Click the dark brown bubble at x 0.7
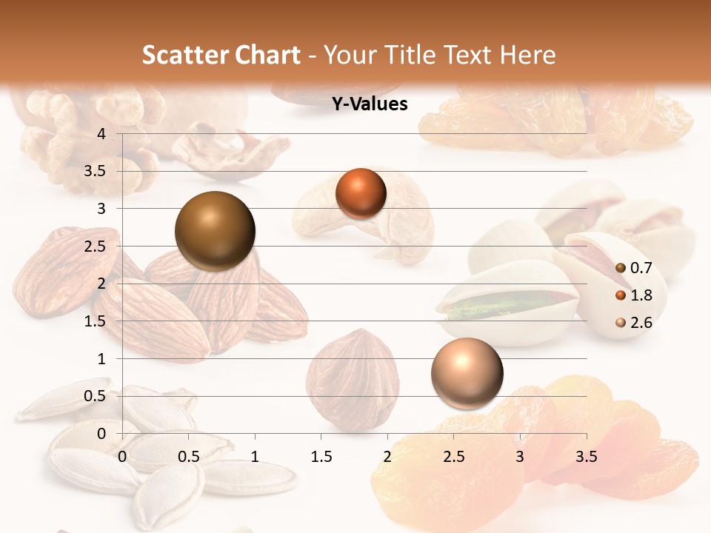[215, 231]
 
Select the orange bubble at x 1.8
[361, 194]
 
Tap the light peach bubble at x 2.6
[467, 372]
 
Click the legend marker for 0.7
[620, 269]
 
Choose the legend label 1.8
[641, 295]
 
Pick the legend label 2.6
[641, 322]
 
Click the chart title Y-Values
[370, 104]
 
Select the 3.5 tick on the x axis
[586, 457]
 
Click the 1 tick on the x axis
[256, 457]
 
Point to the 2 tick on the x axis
[387, 457]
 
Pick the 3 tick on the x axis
[520, 457]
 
